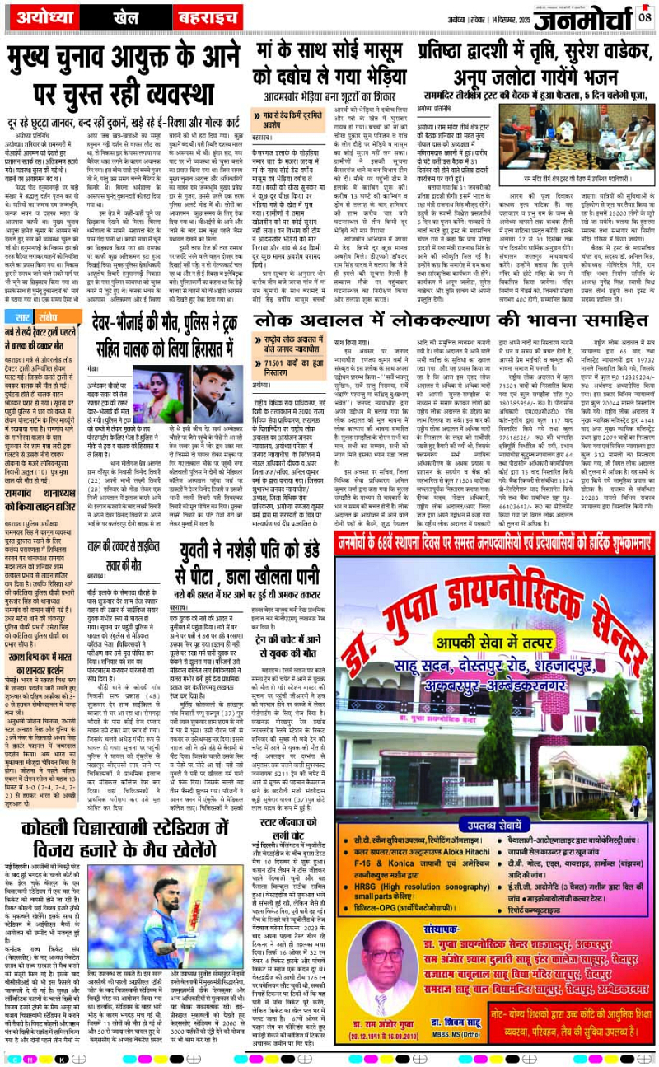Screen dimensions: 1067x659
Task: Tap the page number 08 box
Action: point(645,14)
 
